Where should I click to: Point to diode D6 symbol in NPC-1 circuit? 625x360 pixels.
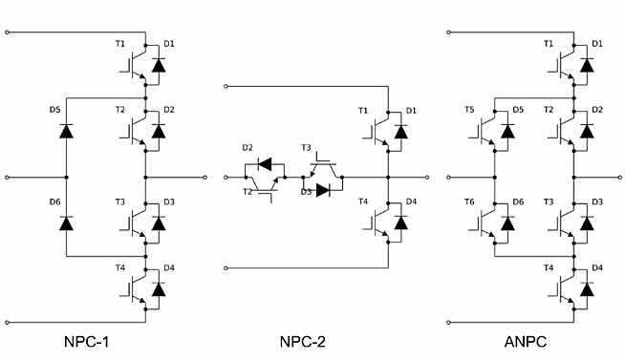point(66,222)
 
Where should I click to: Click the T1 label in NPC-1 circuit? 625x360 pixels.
point(119,44)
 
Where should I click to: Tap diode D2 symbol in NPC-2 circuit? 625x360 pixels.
point(266,163)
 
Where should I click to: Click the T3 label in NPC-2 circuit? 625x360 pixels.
point(306,148)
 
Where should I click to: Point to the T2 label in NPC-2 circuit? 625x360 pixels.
point(248,191)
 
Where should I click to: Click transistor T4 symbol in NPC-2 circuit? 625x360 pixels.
point(377,222)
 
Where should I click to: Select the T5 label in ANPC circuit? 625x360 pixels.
point(468,110)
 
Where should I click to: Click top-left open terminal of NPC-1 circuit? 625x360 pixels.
point(9,32)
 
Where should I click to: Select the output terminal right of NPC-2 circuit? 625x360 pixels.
point(426,178)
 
